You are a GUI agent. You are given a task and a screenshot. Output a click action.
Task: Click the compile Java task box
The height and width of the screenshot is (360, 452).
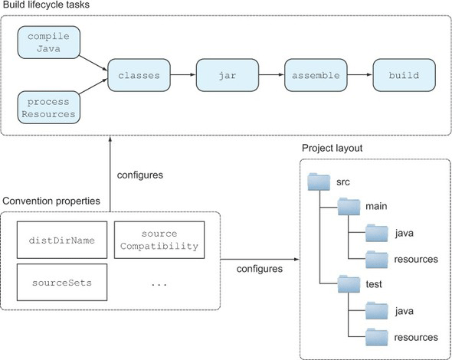pyautogui.click(x=49, y=42)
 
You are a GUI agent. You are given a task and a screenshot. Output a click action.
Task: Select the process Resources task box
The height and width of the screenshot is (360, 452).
pyautogui.click(x=49, y=107)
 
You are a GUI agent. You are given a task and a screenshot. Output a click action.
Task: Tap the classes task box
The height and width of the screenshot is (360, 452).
pyautogui.click(x=139, y=75)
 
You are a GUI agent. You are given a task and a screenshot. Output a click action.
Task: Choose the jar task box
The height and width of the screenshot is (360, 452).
pyautogui.click(x=228, y=75)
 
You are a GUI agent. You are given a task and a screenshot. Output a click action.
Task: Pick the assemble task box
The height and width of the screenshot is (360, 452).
pyautogui.click(x=316, y=75)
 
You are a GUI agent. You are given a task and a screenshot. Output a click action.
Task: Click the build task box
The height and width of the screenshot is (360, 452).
pyautogui.click(x=405, y=75)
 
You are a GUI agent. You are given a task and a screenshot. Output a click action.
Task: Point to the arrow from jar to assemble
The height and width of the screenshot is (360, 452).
pyautogui.click(x=271, y=75)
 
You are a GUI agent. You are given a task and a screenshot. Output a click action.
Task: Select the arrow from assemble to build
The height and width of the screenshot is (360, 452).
pyautogui.click(x=360, y=75)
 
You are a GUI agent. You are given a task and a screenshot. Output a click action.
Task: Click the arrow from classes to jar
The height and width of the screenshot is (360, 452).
pyautogui.click(x=183, y=75)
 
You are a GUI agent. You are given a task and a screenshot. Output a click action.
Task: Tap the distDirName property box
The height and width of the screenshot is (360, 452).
pyautogui.click(x=62, y=240)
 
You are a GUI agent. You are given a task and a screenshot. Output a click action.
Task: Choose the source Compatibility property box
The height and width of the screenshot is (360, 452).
pyautogui.click(x=159, y=240)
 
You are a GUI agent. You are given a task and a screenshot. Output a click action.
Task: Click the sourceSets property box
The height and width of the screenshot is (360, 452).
pyautogui.click(x=62, y=283)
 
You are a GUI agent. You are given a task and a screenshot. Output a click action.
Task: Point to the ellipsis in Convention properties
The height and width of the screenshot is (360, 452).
pyautogui.click(x=159, y=285)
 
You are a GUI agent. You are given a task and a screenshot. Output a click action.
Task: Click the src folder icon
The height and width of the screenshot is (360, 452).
pyautogui.click(x=319, y=182)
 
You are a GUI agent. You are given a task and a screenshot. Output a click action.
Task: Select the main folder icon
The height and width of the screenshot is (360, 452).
pyautogui.click(x=349, y=206)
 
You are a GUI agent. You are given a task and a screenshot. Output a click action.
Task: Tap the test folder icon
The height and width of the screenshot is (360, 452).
pyautogui.click(x=349, y=284)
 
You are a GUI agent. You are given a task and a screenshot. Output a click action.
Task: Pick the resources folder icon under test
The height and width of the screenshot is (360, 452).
pyautogui.click(x=377, y=337)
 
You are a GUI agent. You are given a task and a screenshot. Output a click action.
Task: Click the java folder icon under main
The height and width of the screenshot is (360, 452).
pyautogui.click(x=377, y=233)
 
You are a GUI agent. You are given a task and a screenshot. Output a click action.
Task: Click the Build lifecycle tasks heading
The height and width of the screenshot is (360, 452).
pyautogui.click(x=47, y=5)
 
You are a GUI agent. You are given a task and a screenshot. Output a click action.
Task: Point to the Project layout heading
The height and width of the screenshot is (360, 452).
pyautogui.click(x=332, y=148)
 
